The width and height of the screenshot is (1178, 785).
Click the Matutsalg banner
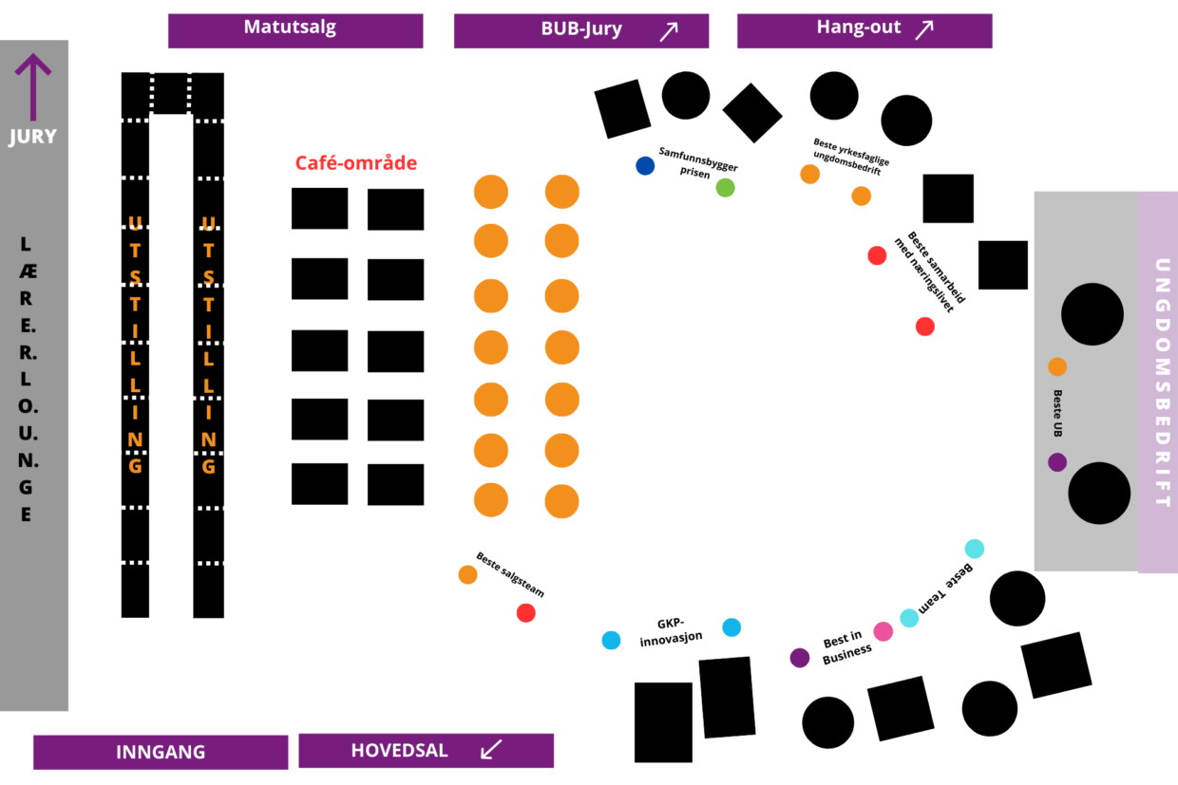[x=294, y=29]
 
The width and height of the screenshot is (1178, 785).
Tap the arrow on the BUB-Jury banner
[x=669, y=31]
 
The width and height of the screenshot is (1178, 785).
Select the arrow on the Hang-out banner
[x=923, y=30]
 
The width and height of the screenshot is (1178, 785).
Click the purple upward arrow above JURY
[x=33, y=86]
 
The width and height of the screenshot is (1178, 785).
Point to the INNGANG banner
[x=161, y=752]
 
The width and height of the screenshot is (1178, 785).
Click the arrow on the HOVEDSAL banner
[x=491, y=750]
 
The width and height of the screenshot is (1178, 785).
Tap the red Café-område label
[x=356, y=163]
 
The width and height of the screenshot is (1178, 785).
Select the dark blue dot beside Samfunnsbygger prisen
[x=645, y=165]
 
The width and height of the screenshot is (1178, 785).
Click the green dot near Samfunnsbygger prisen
[x=725, y=187]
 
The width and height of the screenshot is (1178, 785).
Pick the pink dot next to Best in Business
[x=883, y=631]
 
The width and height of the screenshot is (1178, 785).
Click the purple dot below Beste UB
[x=1057, y=462]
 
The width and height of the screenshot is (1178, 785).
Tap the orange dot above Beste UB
[x=1057, y=366]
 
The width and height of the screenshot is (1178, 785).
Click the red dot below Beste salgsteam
[x=525, y=613]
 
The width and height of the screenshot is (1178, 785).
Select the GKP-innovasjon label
[x=671, y=630]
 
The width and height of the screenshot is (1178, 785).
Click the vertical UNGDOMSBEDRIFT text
[x=1158, y=382]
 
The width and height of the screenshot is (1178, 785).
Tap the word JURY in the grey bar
[x=33, y=137]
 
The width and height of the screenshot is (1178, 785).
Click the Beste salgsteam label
[x=510, y=575]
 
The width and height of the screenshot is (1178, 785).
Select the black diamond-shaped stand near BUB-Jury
[x=752, y=112]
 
